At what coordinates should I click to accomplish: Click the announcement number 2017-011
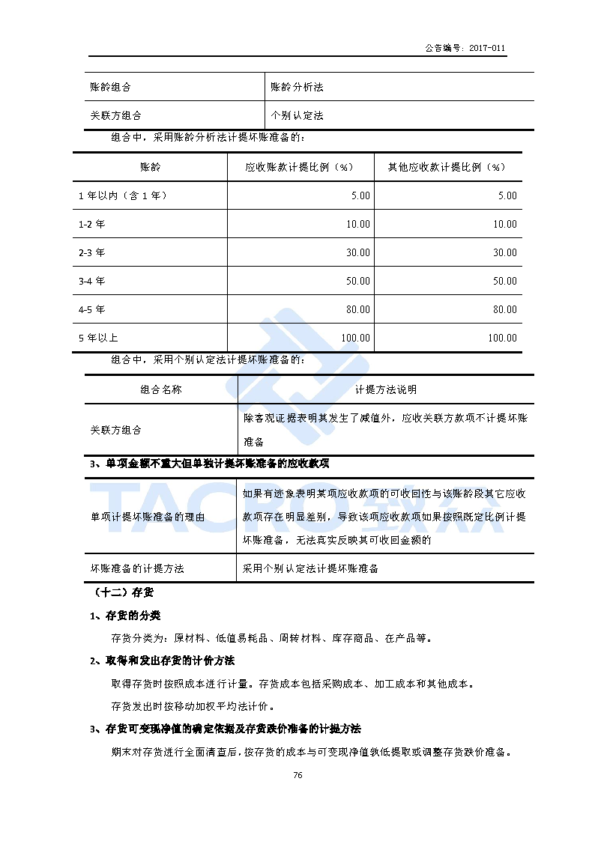487,48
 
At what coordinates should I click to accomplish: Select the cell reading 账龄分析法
297,88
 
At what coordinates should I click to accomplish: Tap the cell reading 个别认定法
297,116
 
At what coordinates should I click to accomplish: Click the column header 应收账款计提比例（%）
300,167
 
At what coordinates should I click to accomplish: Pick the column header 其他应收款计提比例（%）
447,167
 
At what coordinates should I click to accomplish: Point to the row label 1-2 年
91,224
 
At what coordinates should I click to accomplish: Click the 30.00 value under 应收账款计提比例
357,252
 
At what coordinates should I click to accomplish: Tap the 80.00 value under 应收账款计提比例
357,309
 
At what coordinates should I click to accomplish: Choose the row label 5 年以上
98,338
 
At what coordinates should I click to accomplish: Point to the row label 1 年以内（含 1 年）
122,195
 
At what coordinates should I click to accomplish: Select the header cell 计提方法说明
386,389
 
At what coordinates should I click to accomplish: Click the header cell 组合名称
160,389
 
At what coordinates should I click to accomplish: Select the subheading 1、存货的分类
125,616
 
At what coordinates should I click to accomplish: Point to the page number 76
297,775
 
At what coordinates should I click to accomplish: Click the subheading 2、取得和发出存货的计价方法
162,661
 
